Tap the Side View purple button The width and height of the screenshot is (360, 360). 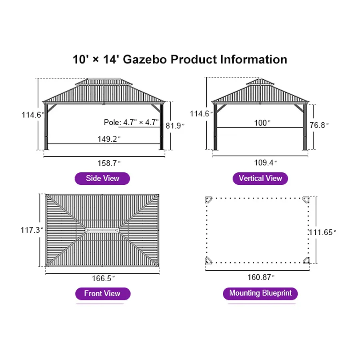102,178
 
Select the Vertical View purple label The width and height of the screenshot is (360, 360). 260,178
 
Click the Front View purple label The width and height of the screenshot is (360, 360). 102,294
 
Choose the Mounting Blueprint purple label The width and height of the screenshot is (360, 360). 260,293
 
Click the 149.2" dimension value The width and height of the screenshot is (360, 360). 108,139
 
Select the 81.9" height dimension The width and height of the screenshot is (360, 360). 175,126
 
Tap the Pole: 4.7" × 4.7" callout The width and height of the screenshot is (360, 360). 131,122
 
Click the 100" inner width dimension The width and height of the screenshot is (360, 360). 262,123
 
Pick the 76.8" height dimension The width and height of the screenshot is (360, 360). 319,125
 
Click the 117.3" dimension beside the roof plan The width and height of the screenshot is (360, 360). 32,230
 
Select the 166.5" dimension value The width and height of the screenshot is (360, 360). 103,278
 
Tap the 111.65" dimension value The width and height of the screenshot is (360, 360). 322,232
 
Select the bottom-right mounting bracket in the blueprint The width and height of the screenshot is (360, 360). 306,261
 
